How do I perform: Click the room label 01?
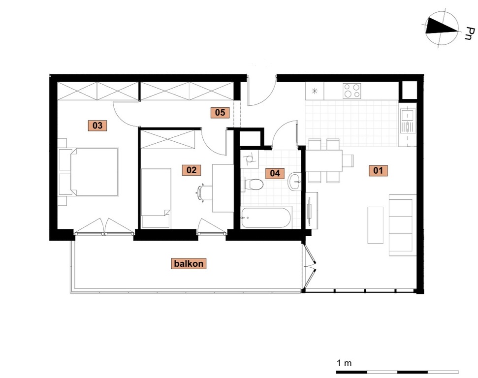378,170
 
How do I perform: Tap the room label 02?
191,170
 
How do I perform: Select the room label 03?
97,126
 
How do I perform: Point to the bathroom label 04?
275,173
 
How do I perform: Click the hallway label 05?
220,113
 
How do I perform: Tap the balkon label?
189,263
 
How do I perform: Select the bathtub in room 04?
266,218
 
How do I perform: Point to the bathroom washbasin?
294,182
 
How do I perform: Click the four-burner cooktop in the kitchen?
352,91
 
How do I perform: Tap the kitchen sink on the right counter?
407,121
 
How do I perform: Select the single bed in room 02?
156,197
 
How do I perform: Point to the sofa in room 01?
402,225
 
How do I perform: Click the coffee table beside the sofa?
375,225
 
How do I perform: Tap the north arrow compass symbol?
442,30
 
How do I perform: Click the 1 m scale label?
344,363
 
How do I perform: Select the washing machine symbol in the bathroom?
250,159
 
